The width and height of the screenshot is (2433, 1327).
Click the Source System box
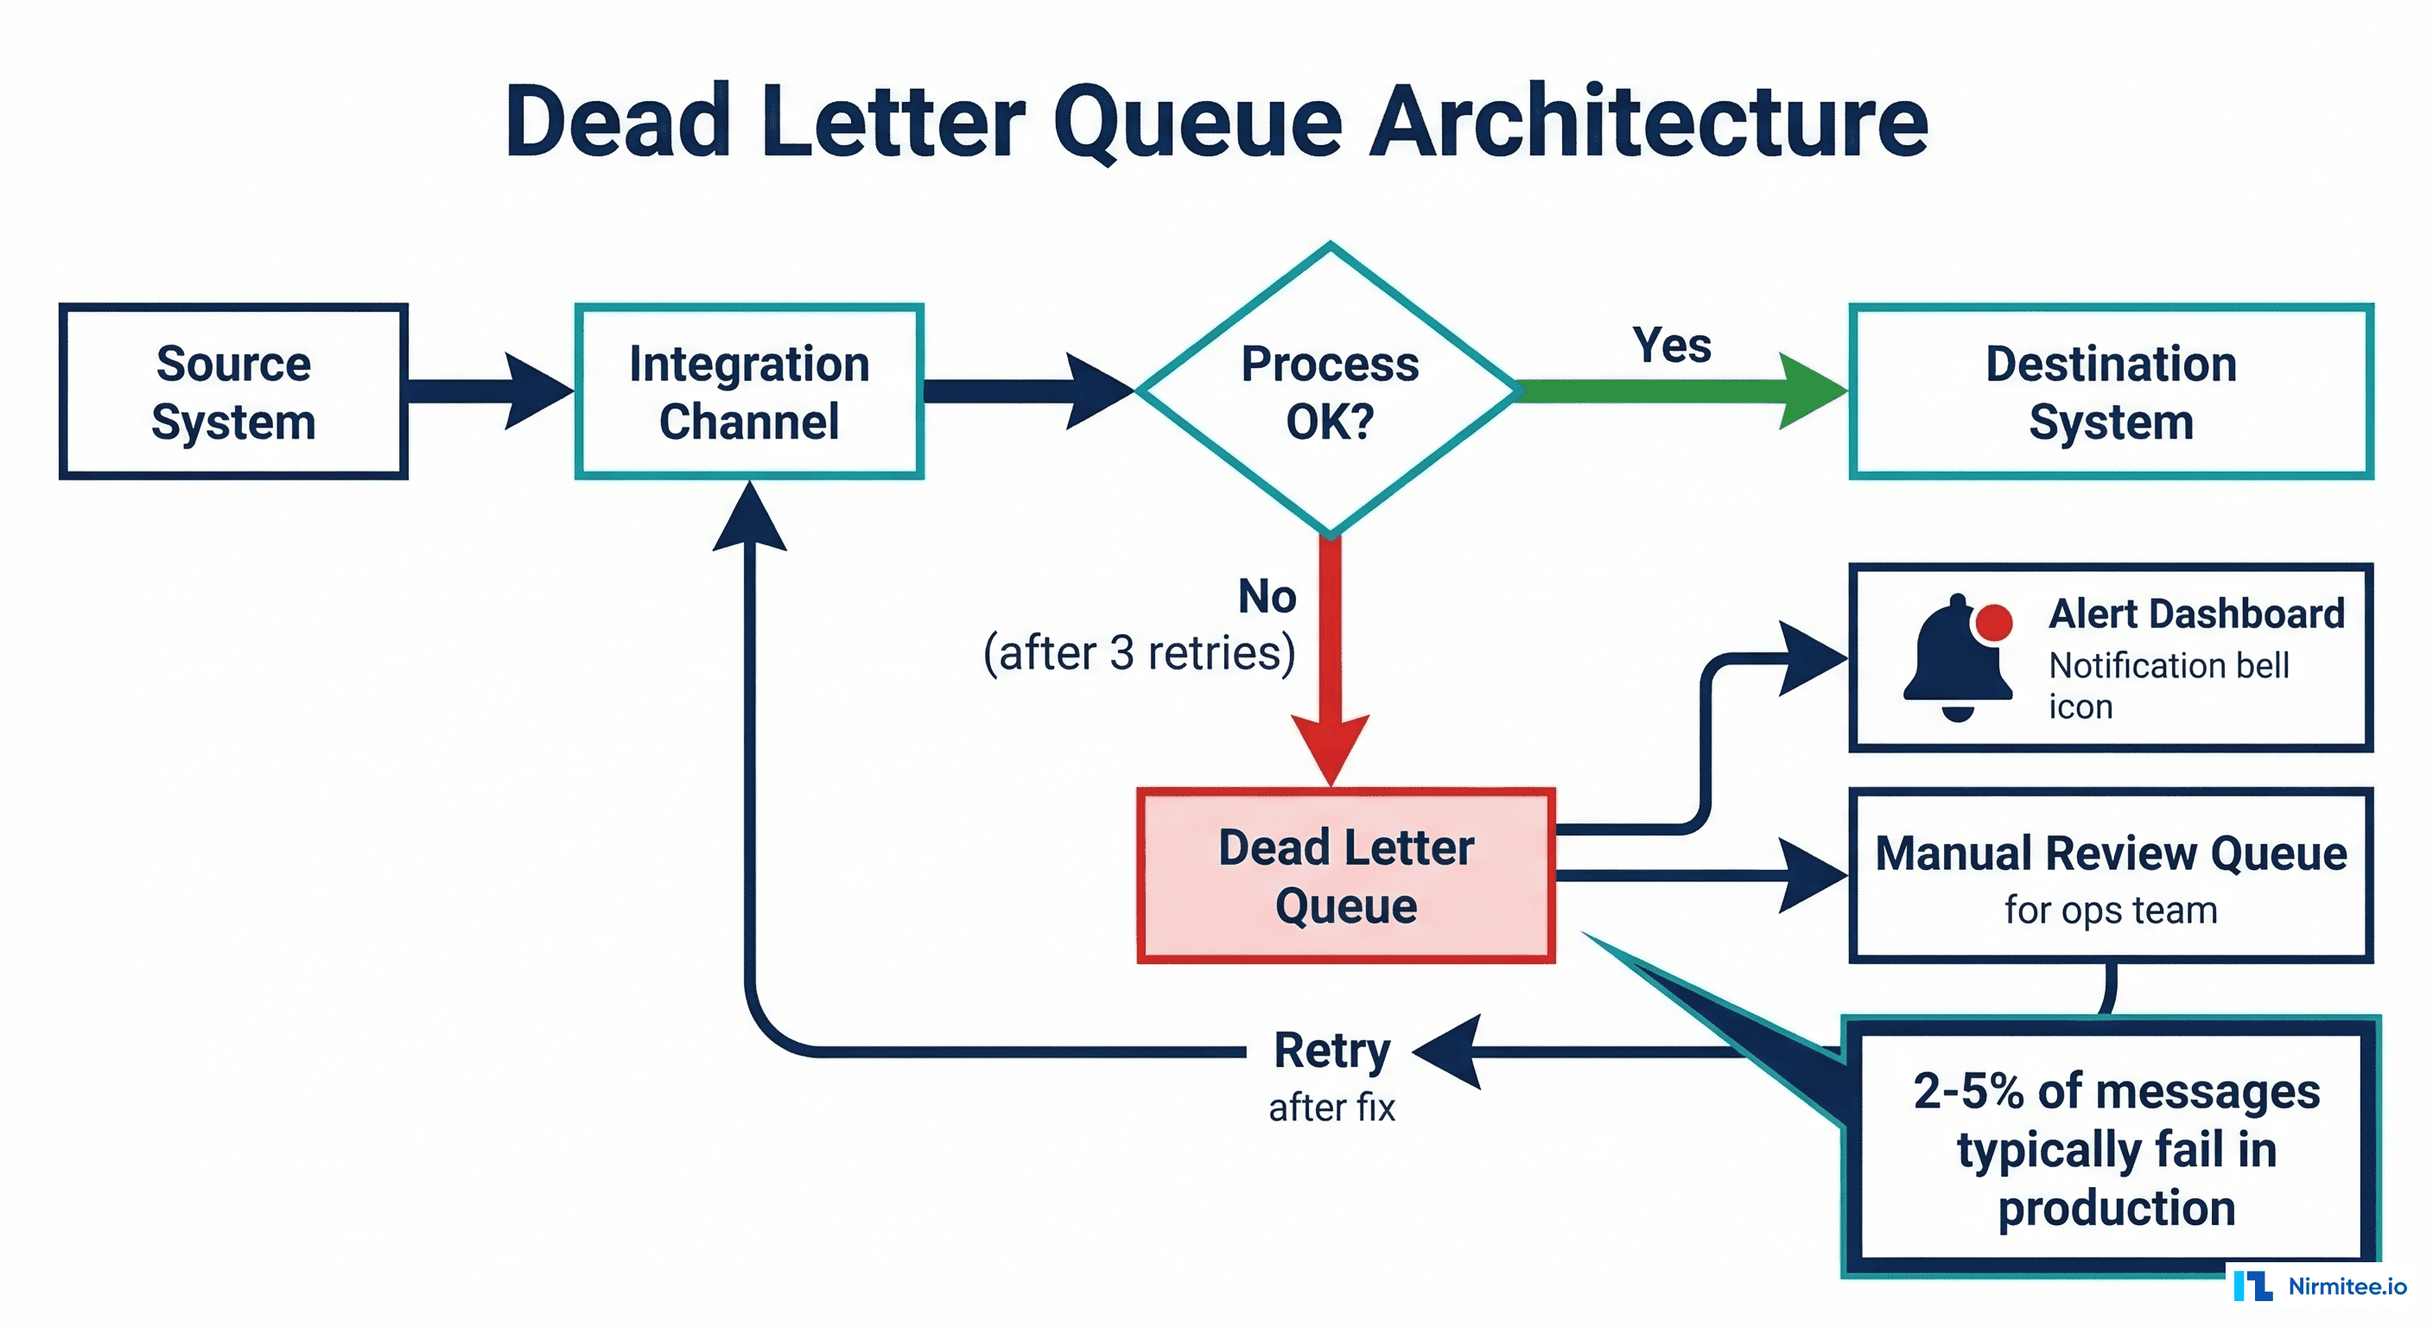point(233,392)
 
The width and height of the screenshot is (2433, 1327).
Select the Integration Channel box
point(749,392)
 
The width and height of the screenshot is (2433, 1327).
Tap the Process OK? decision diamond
point(1330,392)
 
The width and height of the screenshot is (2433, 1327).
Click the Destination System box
point(2111,392)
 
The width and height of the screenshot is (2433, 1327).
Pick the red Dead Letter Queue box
point(1346,875)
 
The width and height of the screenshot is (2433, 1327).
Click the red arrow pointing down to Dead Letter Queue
point(1330,661)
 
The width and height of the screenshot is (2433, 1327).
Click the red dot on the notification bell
point(1994,621)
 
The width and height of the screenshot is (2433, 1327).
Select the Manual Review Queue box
point(2111,875)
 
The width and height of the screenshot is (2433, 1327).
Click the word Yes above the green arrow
point(1672,345)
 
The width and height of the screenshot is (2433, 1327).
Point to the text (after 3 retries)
point(1139,652)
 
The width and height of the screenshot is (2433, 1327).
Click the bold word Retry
point(1331,1051)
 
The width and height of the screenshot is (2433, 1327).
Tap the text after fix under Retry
point(1331,1108)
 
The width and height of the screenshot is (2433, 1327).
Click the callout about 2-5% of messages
point(2116,1148)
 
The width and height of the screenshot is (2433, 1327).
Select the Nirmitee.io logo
point(2321,1286)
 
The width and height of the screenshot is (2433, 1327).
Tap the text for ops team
point(2111,911)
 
